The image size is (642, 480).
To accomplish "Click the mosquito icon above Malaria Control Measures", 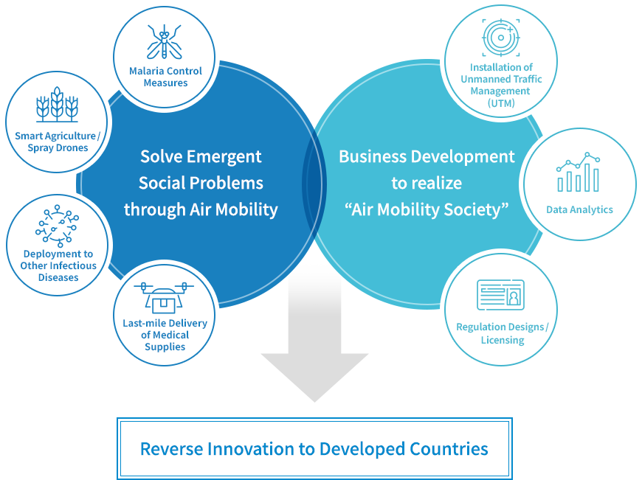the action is tap(164, 42).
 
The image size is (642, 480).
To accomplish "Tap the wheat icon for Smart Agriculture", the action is tap(57, 105).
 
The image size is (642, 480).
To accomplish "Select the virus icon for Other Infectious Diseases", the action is tap(57, 226).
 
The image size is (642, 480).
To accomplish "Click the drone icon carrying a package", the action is tap(164, 297).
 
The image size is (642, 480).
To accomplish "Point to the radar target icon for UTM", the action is tap(501, 38).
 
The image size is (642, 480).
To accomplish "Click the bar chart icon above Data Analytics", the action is tap(578, 172).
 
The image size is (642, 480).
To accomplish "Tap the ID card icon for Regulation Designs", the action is tap(500, 295).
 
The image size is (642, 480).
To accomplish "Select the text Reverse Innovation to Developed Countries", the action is tap(314, 449).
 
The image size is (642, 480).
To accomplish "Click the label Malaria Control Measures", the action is tap(165, 77).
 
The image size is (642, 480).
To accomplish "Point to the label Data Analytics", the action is tap(579, 210).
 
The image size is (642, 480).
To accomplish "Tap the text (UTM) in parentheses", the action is tap(501, 103).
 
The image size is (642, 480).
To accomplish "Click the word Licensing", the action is tap(503, 340).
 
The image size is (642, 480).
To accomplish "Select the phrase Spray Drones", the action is tap(58, 147).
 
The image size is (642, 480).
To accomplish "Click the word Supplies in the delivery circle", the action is tap(165, 347).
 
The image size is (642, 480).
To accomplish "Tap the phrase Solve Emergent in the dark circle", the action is tap(201, 157).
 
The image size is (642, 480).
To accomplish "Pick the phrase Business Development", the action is tap(427, 157).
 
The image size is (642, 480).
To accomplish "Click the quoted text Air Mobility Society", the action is tap(427, 209).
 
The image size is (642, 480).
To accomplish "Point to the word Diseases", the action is tap(58, 277).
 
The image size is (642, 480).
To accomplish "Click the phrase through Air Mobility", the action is tap(201, 209).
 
